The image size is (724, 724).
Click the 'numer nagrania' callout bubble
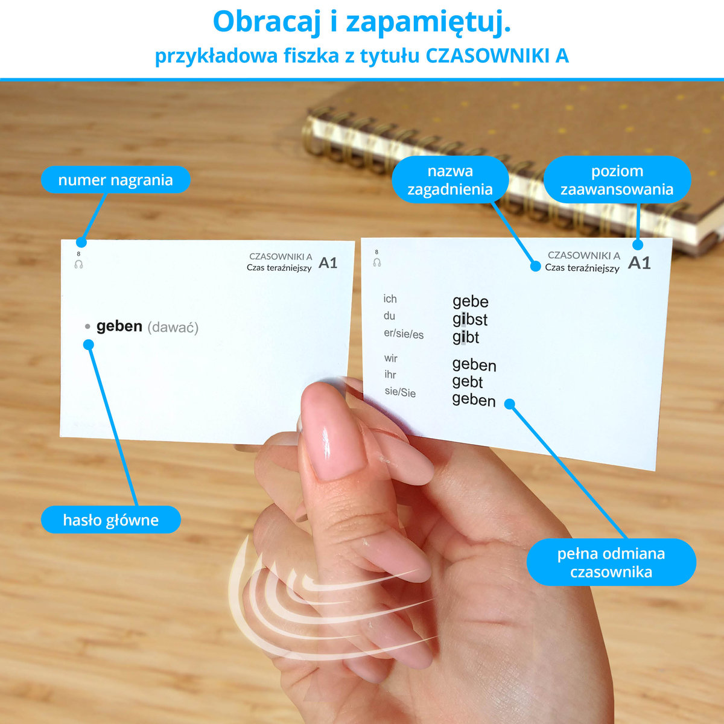click(116, 180)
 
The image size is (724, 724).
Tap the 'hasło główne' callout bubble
click(111, 520)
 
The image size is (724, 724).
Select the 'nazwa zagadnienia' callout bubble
click(450, 180)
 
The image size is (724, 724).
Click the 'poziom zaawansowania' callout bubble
click(617, 180)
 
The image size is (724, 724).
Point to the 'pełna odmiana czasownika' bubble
click(611, 562)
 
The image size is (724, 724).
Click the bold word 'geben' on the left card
click(119, 326)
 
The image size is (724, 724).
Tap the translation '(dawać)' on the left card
click(173, 327)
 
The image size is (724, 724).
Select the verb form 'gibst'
click(469, 320)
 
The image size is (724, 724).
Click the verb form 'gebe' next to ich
click(471, 301)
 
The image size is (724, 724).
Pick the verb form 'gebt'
click(467, 382)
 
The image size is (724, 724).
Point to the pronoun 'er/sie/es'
click(404, 334)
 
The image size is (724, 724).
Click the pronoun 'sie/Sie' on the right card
click(400, 392)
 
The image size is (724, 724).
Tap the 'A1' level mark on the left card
click(328, 263)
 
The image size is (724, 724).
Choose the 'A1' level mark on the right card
click(639, 262)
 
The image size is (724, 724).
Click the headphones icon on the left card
click(78, 264)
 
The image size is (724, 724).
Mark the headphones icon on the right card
click(377, 262)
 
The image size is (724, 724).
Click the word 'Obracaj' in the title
click(267, 22)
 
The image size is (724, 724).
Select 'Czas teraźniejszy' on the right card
click(582, 268)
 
